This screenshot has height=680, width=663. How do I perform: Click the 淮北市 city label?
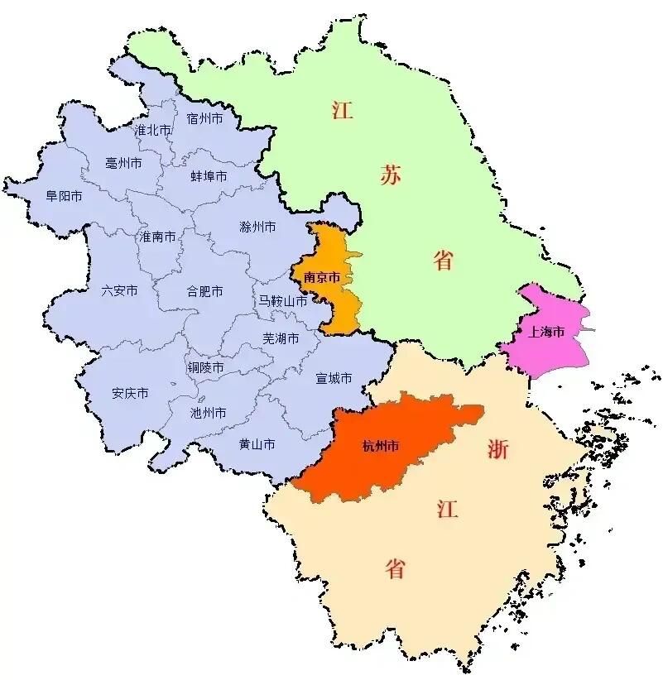153,131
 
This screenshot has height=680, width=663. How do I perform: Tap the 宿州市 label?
205,119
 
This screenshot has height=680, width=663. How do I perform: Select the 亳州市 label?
124,163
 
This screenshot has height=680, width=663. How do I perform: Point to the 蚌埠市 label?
209,176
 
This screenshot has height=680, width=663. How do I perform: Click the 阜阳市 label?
64,197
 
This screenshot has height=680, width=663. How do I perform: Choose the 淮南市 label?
157,237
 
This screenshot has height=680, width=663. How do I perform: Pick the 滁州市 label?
257,227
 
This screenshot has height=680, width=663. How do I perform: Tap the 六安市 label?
119,290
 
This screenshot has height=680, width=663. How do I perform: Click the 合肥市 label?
204,291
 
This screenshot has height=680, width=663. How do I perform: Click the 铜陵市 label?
205,367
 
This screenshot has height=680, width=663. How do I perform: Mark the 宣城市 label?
334,378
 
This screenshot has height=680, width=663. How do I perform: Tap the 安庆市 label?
130,393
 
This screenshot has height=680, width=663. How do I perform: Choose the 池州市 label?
208,412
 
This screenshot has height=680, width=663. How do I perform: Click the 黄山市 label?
257,444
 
